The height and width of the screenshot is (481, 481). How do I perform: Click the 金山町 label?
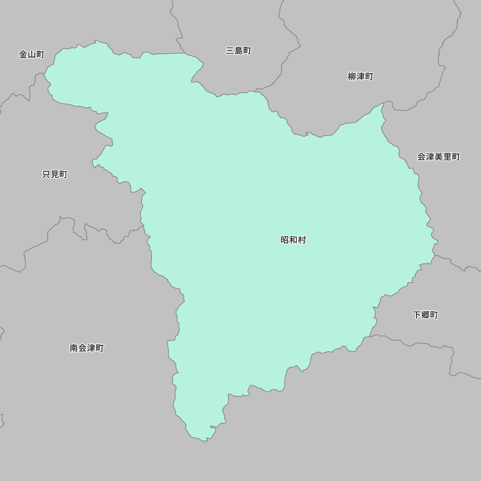click(x=32, y=54)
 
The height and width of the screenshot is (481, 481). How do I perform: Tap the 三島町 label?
click(x=239, y=51)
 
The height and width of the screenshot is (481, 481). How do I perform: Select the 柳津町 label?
click(x=360, y=76)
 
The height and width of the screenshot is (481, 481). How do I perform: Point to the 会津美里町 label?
click(x=438, y=157)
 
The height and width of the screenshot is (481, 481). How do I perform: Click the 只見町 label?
click(x=55, y=175)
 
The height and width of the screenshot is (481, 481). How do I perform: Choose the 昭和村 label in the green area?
click(x=293, y=240)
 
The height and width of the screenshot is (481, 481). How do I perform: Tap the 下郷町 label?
click(x=425, y=315)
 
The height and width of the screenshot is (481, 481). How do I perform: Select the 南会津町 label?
click(x=87, y=348)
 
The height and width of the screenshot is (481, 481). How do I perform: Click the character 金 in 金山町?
click(x=23, y=54)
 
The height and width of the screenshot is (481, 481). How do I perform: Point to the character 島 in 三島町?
click(x=239, y=51)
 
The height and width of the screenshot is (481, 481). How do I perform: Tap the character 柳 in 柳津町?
click(x=352, y=76)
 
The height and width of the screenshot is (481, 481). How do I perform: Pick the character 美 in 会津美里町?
click(x=438, y=157)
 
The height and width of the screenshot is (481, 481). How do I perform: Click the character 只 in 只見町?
click(x=47, y=175)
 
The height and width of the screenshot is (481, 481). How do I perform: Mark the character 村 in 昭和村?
click(x=302, y=240)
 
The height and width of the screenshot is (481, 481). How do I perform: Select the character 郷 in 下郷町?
click(x=425, y=315)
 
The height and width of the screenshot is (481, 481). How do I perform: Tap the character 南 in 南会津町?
click(x=74, y=348)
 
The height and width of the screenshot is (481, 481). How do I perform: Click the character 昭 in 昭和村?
click(x=285, y=240)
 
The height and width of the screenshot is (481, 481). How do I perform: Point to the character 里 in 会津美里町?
click(x=447, y=157)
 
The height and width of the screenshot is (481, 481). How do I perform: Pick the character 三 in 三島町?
click(x=230, y=51)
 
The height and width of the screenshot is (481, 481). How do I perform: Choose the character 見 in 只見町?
click(x=55, y=175)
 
